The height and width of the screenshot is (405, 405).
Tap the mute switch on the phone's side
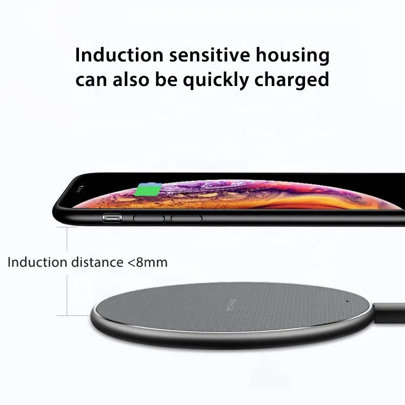pyautogui.click(x=112, y=218)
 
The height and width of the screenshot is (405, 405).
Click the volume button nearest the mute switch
pyautogui.click(x=149, y=218)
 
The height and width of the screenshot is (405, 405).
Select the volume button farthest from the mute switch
pyautogui.click(x=186, y=218)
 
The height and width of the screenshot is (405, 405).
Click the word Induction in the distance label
pyautogui.click(x=37, y=263)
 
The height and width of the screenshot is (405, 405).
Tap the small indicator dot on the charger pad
pyautogui.click(x=347, y=301)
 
